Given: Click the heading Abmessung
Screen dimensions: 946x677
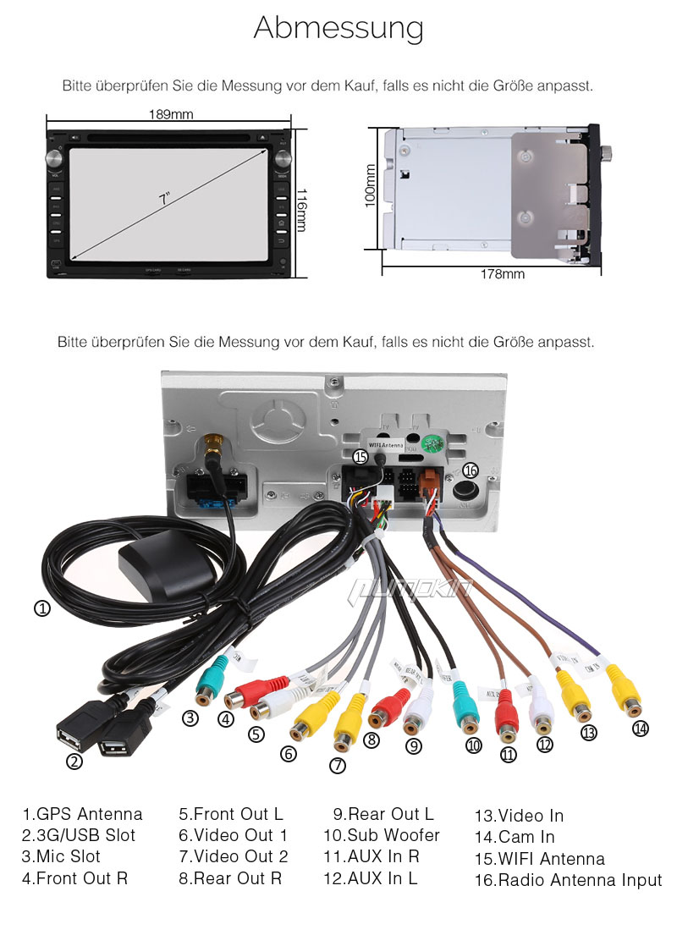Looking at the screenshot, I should click(338, 28).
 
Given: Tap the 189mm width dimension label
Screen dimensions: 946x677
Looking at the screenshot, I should click(171, 113).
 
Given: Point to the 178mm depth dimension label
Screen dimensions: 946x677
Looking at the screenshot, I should click(502, 274).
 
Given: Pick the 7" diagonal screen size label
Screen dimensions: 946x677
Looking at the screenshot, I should click(164, 198).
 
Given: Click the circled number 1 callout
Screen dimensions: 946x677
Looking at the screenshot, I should click(41, 608).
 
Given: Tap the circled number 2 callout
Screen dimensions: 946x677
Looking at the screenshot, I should click(74, 761).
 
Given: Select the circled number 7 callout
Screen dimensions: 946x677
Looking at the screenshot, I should click(338, 766).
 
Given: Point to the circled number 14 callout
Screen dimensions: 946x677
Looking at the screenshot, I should click(641, 728).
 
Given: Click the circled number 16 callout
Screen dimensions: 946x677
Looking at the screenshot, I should click(471, 470).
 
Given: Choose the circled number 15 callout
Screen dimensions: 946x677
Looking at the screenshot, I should click(361, 457).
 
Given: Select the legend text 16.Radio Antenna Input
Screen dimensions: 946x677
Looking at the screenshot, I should click(568, 880).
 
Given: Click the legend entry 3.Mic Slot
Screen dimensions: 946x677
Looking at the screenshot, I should click(61, 856).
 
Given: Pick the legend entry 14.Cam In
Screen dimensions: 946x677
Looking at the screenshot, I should click(515, 837).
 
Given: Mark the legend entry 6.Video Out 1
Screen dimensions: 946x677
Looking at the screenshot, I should click(233, 835).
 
